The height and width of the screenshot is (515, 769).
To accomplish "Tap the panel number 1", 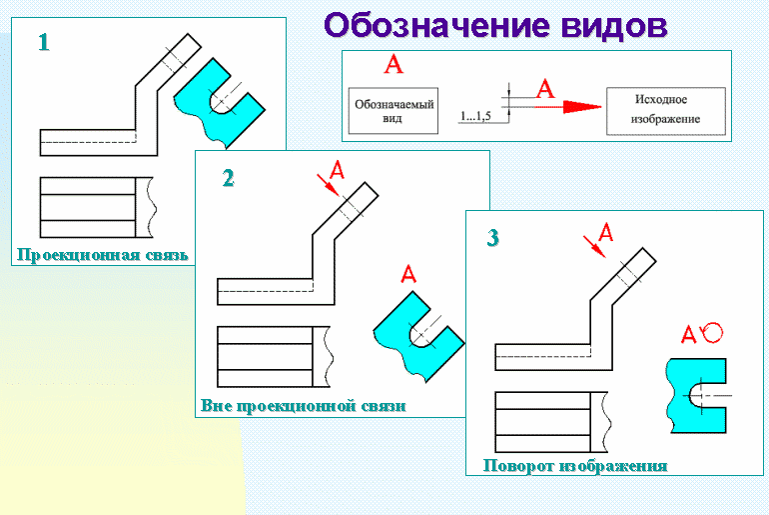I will click(x=43, y=43).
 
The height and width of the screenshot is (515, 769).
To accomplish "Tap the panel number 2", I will click(x=228, y=179).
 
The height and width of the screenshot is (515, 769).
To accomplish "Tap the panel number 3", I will click(x=492, y=238).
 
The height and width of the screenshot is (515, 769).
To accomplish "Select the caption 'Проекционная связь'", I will click(x=101, y=254).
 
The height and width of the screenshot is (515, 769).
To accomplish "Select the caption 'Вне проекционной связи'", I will click(x=305, y=407).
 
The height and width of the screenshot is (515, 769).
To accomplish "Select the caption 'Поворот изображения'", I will click(x=574, y=466).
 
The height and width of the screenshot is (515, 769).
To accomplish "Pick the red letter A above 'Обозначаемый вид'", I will click(x=393, y=65).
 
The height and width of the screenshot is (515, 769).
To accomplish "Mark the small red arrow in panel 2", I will click(x=325, y=183).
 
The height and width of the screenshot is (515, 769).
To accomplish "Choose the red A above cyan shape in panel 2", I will click(x=406, y=273).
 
